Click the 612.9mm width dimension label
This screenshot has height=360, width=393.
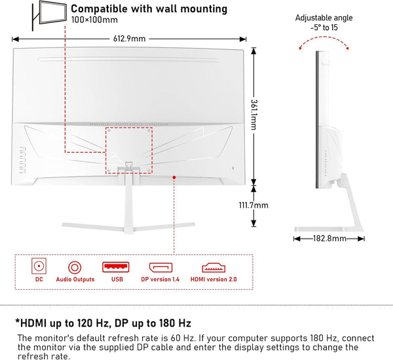(130, 39)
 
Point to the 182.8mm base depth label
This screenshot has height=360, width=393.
(329, 239)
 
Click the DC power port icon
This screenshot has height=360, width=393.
(39, 267)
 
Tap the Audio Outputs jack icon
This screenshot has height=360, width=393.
(75, 267)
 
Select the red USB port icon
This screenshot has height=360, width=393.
(117, 267)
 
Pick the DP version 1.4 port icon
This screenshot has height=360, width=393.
(161, 267)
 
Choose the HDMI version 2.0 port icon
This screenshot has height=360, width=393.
(214, 267)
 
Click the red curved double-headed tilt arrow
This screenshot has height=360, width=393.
(321, 41)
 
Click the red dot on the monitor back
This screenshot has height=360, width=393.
(174, 176)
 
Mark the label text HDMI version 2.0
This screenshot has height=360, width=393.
(214, 279)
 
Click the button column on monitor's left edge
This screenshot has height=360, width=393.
(20, 158)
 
